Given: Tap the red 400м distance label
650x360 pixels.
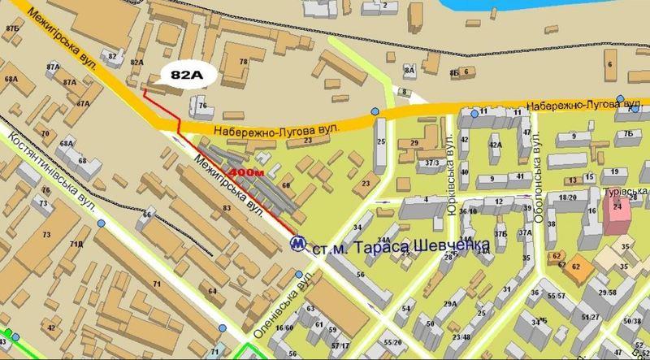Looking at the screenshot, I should [246, 173].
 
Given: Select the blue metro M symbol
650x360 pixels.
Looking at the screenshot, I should [299, 242].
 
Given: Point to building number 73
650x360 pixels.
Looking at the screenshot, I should [46, 235].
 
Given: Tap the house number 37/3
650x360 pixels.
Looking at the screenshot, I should [432, 163].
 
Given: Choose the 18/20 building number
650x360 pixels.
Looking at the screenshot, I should [568, 197].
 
